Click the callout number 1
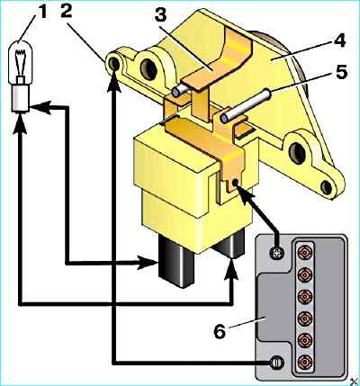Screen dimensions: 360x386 tap(43, 13)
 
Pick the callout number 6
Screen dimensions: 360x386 tap(220, 330)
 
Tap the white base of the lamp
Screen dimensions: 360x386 tap(21, 98)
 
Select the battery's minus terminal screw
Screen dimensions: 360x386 tap(276, 363)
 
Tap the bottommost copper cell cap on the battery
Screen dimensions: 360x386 tap(305, 362)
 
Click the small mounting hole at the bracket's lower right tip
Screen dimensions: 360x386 tap(326, 187)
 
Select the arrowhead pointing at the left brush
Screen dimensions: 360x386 tap(148, 263)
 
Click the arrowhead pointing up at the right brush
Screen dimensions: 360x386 tap(230, 269)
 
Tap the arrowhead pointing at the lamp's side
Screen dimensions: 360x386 tap(40, 107)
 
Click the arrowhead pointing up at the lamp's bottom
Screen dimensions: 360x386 tap(20, 123)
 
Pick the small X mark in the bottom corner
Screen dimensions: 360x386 tap(355, 381)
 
